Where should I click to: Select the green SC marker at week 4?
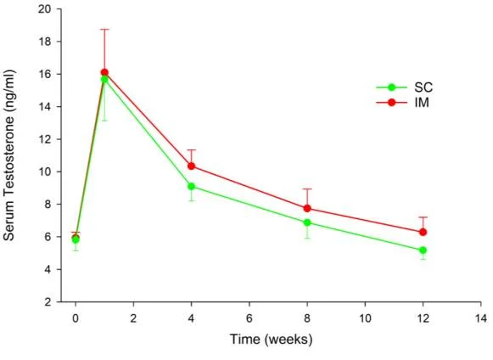pos(192,186)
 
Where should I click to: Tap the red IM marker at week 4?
pos(192,166)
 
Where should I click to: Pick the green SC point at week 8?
pos(307,222)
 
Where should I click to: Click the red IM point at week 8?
pos(307,208)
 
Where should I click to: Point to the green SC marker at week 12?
pos(423,250)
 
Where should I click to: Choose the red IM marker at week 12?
pos(423,232)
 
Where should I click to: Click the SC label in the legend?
pos(423,87)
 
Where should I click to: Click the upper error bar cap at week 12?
pos(423,217)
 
